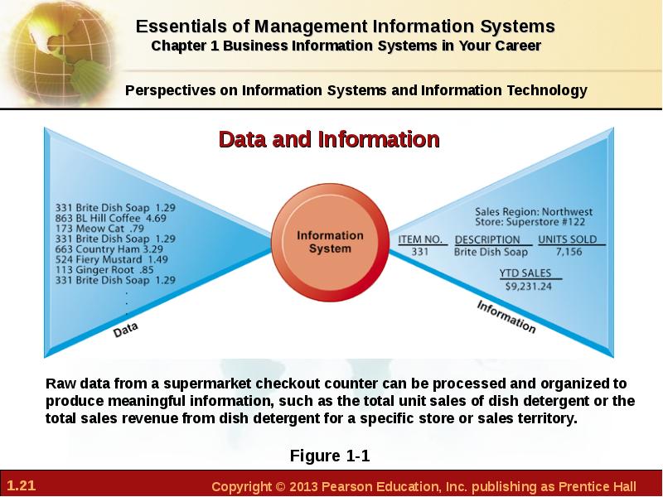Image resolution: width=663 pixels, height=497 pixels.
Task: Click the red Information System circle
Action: [330, 242]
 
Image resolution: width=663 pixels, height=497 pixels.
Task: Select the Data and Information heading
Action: [329, 139]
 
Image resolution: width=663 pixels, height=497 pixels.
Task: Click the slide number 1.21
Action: [22, 485]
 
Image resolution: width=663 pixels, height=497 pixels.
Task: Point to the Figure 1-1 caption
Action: [330, 456]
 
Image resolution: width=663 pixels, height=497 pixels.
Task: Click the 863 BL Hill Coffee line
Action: [111, 218]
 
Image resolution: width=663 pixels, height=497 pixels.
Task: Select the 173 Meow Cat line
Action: [99, 229]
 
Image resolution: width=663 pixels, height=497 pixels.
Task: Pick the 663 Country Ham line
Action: [109, 249]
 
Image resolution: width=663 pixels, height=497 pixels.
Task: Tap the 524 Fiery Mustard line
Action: [112, 259]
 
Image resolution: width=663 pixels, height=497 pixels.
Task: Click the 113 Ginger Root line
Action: [104, 270]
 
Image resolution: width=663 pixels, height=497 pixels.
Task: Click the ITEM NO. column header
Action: [420, 239]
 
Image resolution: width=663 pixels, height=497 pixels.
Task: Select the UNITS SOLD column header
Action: [568, 239]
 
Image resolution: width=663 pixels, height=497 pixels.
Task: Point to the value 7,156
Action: [569, 252]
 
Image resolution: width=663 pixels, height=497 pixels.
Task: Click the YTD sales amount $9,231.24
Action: [529, 287]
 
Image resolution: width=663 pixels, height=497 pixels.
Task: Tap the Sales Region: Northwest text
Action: [534, 211]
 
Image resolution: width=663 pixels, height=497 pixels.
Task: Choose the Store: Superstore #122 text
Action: [530, 222]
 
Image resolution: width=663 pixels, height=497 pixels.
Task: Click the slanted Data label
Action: [126, 330]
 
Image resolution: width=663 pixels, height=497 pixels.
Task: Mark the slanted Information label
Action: [506, 316]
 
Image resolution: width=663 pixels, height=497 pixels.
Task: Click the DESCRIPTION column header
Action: [487, 239]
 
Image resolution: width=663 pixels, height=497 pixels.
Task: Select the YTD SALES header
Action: [525, 273]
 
